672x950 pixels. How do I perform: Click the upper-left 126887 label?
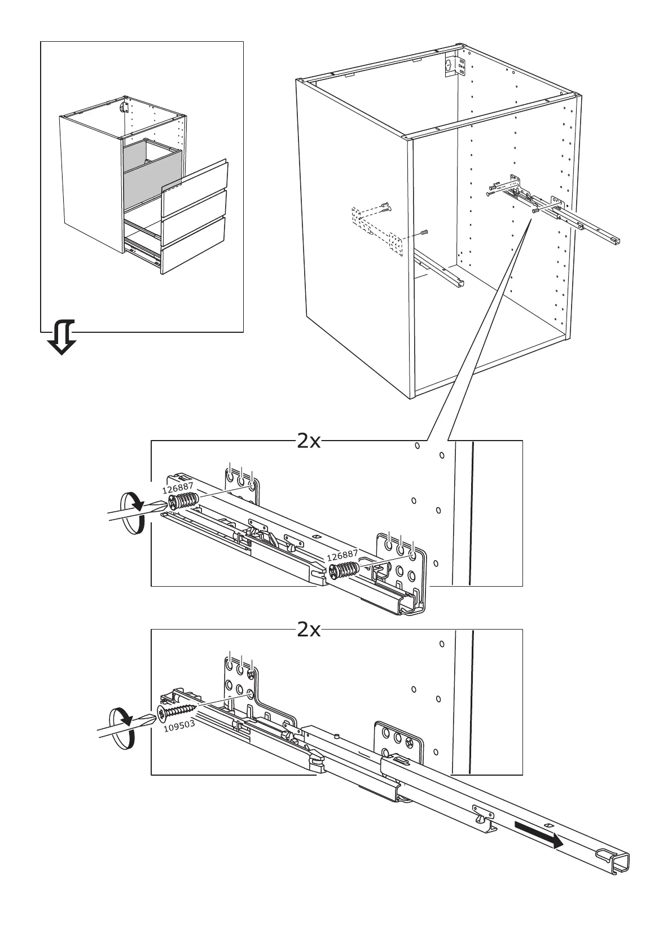[x=178, y=488]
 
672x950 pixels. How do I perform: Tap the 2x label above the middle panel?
[x=309, y=442]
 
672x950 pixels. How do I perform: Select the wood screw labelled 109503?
[x=177, y=711]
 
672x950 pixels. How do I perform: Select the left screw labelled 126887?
[x=183, y=501]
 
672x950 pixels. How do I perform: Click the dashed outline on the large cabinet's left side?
[x=377, y=231]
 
